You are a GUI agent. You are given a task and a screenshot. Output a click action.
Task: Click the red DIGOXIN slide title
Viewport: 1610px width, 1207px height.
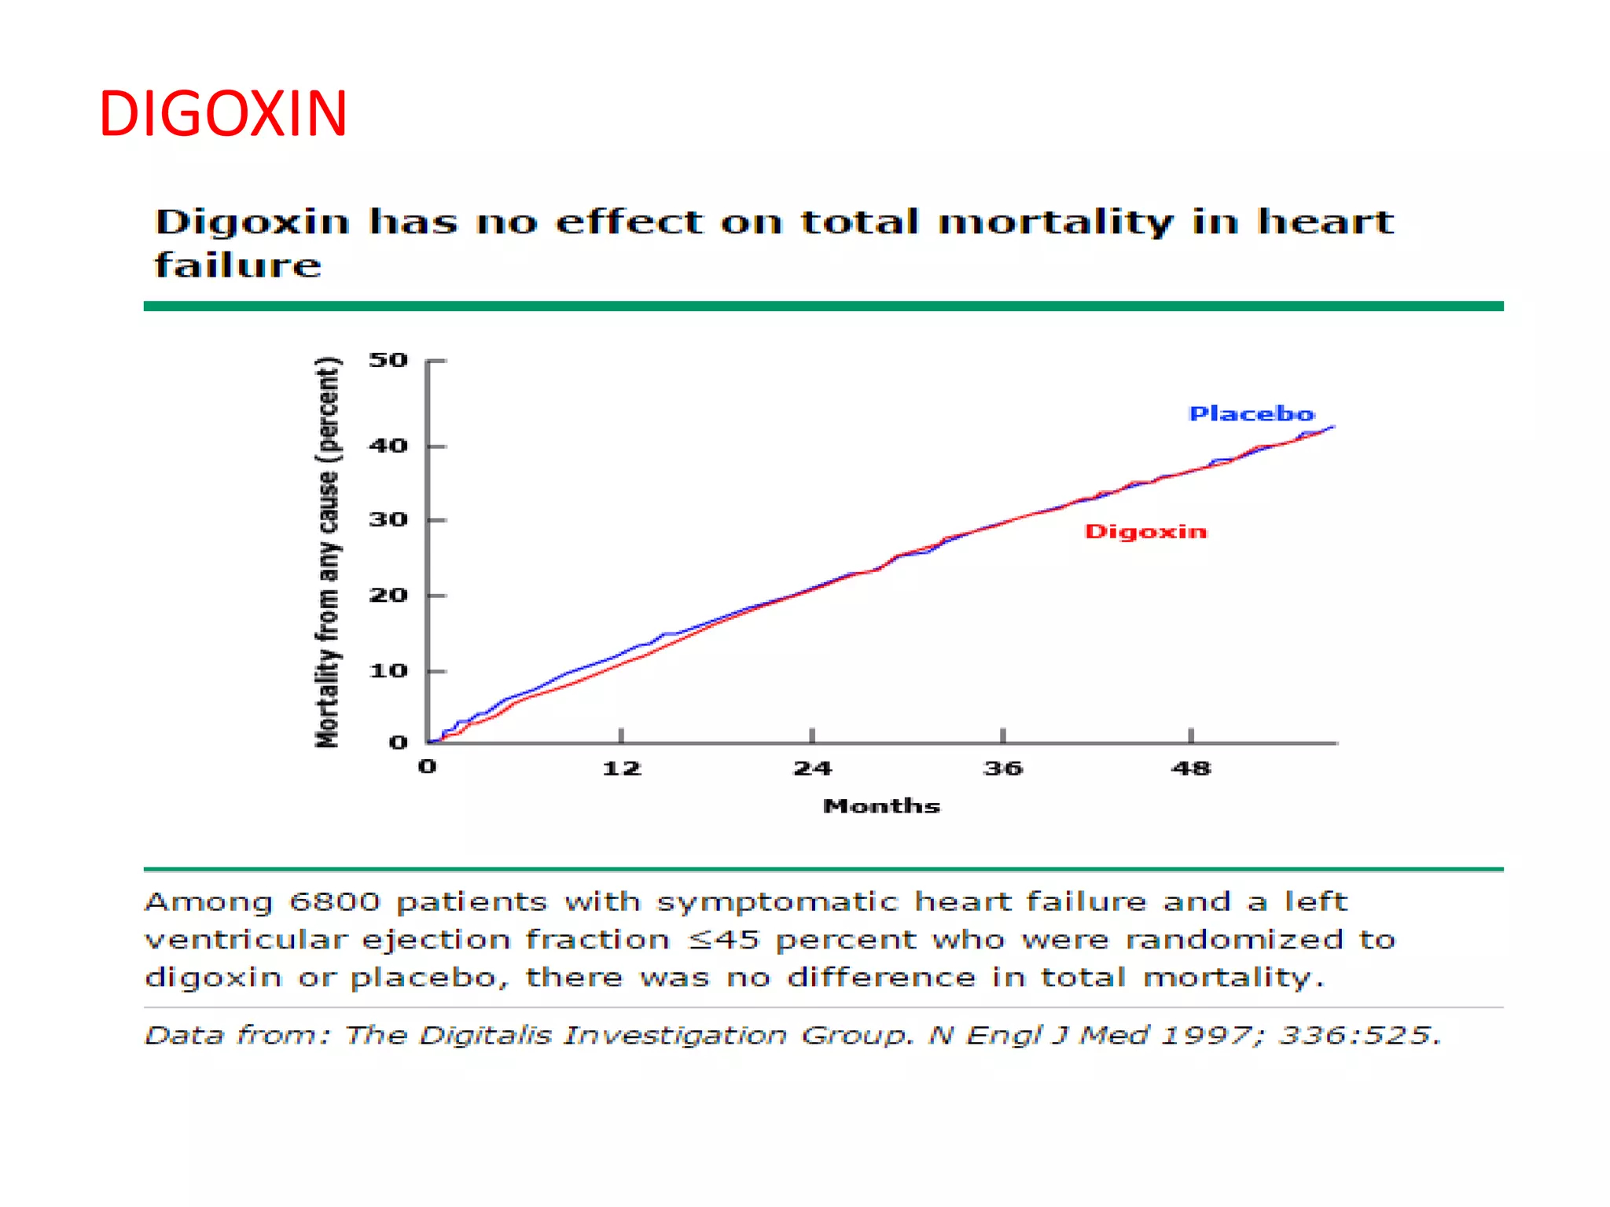tap(222, 115)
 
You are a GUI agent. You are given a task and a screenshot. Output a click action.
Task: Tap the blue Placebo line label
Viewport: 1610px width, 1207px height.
tap(1251, 414)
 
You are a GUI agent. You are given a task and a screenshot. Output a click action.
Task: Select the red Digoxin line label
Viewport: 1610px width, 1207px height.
tap(1145, 532)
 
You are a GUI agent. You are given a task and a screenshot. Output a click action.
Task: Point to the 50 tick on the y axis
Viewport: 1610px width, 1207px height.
tap(388, 361)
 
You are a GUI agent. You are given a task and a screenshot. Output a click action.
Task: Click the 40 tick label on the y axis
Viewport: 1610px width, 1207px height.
tap(388, 446)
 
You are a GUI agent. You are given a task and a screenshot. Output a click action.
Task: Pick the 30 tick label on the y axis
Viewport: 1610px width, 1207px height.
tap(388, 520)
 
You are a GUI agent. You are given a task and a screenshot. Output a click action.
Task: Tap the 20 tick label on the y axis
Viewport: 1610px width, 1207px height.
tap(388, 596)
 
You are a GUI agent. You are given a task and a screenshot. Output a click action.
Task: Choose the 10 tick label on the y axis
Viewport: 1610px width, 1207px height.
tap(388, 671)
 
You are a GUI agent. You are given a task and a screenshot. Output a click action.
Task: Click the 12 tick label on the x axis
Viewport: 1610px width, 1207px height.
tap(621, 769)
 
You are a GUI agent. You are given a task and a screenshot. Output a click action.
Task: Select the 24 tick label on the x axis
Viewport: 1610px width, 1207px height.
tap(812, 769)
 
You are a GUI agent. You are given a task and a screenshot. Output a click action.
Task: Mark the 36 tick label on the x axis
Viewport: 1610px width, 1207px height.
tap(1003, 769)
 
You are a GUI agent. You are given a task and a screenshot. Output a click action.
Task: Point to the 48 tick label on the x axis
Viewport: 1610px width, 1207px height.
tap(1191, 769)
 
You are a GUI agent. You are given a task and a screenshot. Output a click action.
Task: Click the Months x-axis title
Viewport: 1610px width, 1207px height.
tap(881, 806)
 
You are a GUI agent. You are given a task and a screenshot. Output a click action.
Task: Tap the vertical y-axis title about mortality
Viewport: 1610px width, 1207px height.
tap(328, 552)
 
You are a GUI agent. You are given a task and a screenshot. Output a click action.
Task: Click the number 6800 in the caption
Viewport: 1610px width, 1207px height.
tap(334, 902)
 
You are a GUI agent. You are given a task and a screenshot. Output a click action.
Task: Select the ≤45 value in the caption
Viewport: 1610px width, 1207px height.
tap(723, 940)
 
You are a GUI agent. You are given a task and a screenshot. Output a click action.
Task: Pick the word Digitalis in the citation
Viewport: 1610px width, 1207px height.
tap(485, 1036)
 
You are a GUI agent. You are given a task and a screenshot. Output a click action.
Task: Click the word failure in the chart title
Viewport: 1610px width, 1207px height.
tap(237, 266)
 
